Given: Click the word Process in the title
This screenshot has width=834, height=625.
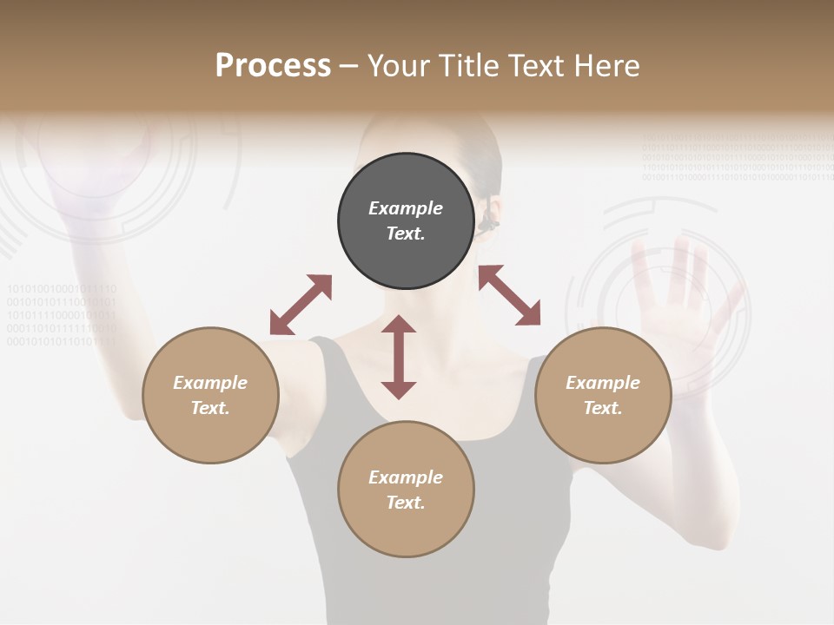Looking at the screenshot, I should [273, 66].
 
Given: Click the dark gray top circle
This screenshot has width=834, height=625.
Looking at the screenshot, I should [406, 220].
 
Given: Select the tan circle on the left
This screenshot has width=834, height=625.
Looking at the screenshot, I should [210, 395].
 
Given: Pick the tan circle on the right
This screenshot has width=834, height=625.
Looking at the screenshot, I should [603, 395].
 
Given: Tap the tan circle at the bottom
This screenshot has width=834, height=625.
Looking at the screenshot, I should [406, 490].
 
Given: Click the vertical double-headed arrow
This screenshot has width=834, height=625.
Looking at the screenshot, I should [399, 357].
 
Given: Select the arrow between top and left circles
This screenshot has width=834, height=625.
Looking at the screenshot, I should [301, 305].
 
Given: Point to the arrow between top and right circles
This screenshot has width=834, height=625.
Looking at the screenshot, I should [510, 295].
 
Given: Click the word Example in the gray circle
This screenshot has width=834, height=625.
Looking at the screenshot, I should [406, 208].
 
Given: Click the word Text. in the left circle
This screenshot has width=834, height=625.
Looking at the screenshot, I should [210, 408].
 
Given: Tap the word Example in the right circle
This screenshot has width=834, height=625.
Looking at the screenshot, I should [603, 383].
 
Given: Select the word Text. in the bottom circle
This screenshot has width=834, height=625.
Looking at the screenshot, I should [406, 503].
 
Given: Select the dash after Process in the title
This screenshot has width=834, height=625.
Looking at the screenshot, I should [348, 66].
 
